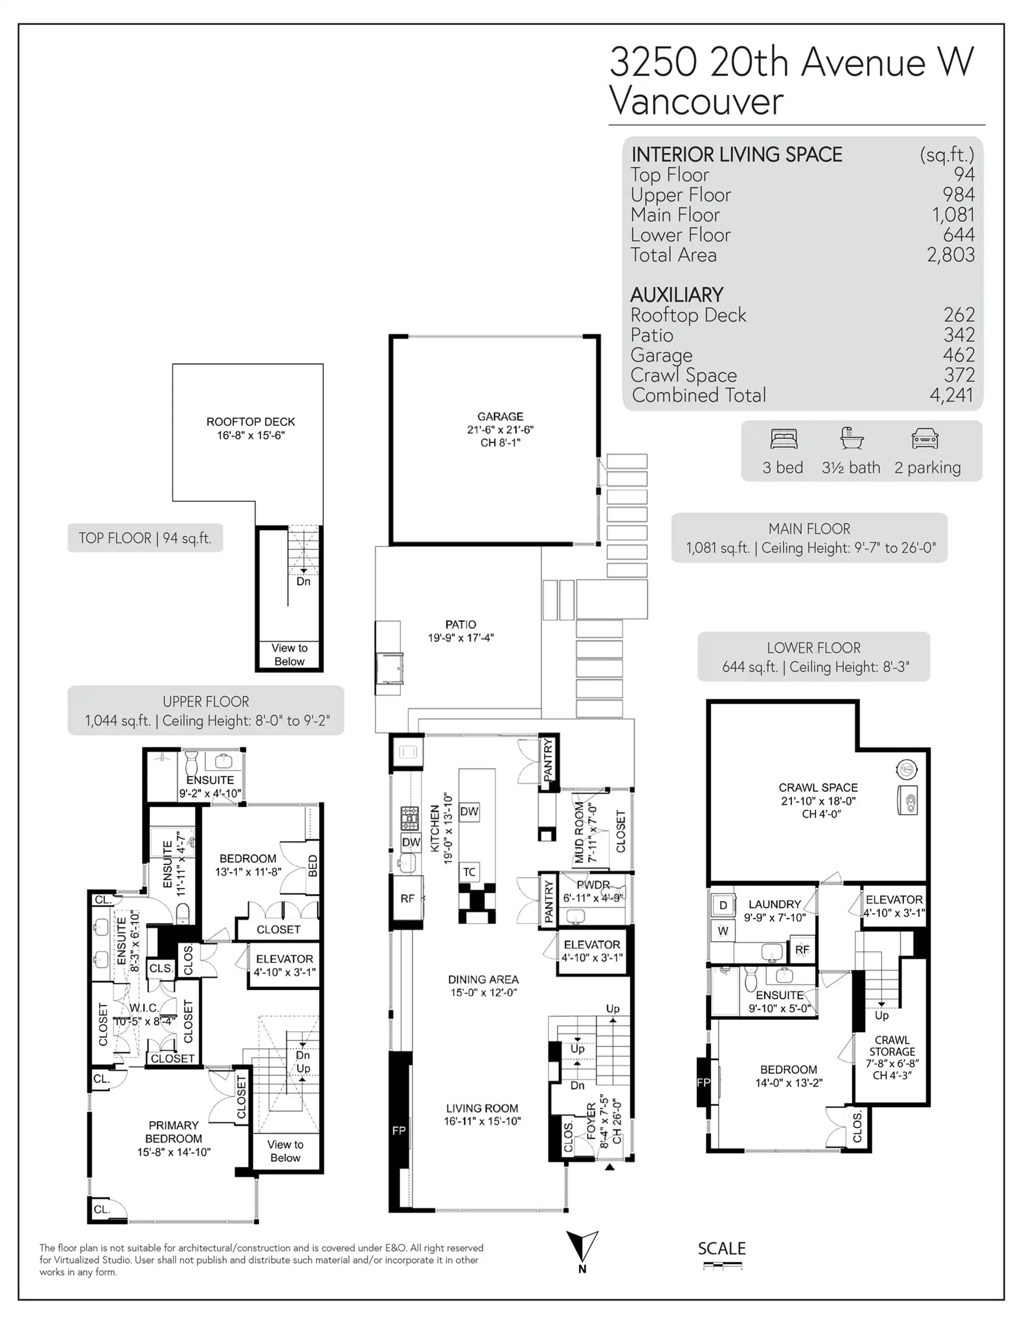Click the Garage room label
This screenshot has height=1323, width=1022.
click(x=500, y=429)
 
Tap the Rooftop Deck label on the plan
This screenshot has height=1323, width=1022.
click(x=250, y=428)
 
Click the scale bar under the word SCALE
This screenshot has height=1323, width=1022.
click(x=722, y=1266)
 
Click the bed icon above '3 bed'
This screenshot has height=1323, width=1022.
click(x=784, y=438)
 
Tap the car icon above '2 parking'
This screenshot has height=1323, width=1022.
click(x=925, y=438)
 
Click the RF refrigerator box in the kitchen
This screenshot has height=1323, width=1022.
click(x=407, y=898)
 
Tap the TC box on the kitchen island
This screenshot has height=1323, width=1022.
click(x=469, y=872)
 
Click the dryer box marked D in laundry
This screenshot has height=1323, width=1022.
click(x=722, y=905)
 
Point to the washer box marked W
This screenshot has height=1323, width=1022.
click(x=722, y=931)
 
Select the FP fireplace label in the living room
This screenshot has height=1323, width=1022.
click(x=399, y=1130)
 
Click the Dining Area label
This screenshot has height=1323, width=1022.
click(x=483, y=985)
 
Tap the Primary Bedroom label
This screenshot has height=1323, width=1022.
click(x=174, y=1138)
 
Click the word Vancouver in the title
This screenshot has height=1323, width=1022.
click(x=696, y=101)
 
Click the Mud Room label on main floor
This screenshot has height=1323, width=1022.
click(x=584, y=832)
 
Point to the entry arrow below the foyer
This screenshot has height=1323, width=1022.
click(x=609, y=1166)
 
